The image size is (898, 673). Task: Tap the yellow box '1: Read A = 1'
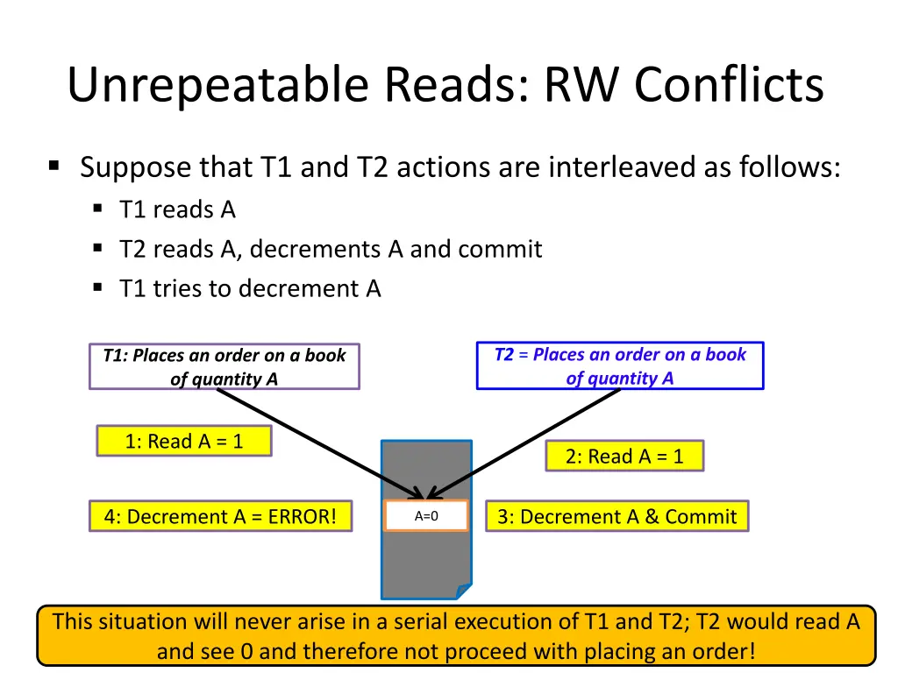(x=183, y=442)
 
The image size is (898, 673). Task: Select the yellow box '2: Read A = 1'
(x=624, y=457)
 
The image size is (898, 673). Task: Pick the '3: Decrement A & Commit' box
(x=616, y=517)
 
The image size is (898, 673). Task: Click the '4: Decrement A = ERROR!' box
(x=220, y=517)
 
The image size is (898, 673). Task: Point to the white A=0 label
(x=426, y=516)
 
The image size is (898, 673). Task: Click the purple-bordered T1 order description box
(x=224, y=367)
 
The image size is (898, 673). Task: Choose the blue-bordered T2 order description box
(x=619, y=366)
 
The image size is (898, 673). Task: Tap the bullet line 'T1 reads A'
(x=178, y=210)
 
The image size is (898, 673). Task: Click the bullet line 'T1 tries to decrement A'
(x=250, y=288)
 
